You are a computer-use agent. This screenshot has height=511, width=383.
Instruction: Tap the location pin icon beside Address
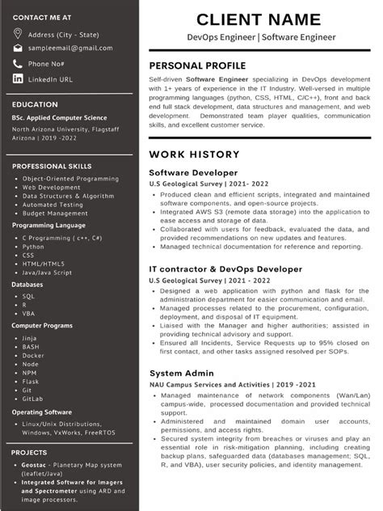(18, 34)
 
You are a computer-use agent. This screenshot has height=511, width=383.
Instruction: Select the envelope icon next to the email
(18, 49)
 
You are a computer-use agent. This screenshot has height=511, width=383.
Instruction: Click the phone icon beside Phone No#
(18, 63)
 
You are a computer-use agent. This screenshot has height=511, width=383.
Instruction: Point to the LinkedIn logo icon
(18, 78)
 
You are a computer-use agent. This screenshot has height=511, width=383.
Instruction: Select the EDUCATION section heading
(35, 104)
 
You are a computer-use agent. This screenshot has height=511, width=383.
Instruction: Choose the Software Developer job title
(193, 172)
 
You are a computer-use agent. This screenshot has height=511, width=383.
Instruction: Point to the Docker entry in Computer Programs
(33, 355)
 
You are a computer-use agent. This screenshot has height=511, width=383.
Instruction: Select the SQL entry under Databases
(28, 296)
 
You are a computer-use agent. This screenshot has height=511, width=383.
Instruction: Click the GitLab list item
(34, 399)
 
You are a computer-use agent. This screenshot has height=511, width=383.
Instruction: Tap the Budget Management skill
(57, 213)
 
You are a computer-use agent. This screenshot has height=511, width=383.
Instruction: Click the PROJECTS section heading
(30, 452)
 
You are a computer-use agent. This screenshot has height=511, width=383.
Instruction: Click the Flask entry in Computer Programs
(31, 381)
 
